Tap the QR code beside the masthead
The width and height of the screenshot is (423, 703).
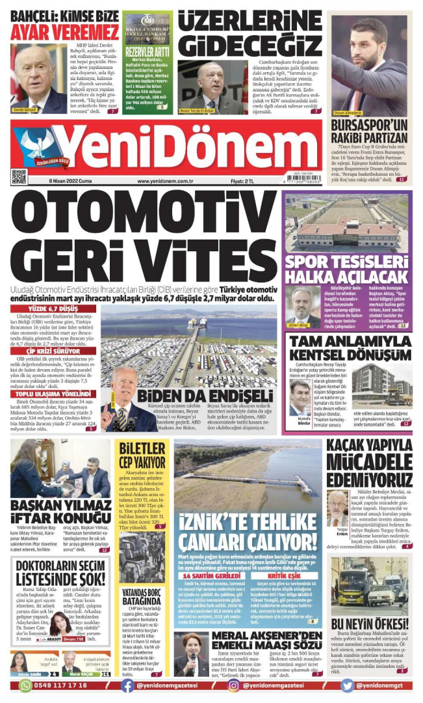coord(19,176)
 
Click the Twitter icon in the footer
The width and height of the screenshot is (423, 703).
coord(348,685)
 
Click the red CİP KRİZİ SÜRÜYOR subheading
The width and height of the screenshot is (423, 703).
coord(55,351)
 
